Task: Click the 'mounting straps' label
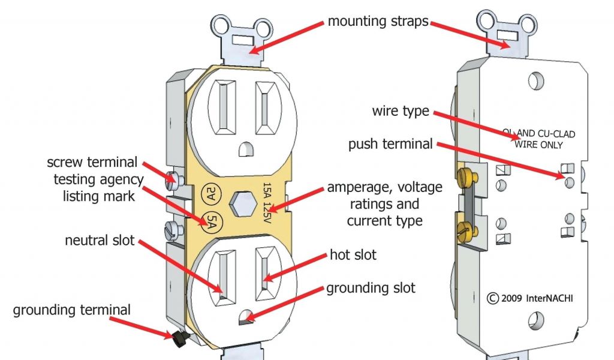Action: coord(378,22)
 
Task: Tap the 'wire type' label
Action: coord(401,111)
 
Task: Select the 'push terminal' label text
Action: coord(390,144)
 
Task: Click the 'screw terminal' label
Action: coord(92,162)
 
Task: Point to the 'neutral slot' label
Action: coord(100,241)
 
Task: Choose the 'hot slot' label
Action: coord(353,255)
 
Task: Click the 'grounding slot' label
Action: coord(371,288)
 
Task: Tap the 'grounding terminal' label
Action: coord(72,310)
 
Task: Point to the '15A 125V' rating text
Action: coord(269,203)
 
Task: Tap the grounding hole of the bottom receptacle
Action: coord(245,318)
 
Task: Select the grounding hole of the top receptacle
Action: coord(244,148)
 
